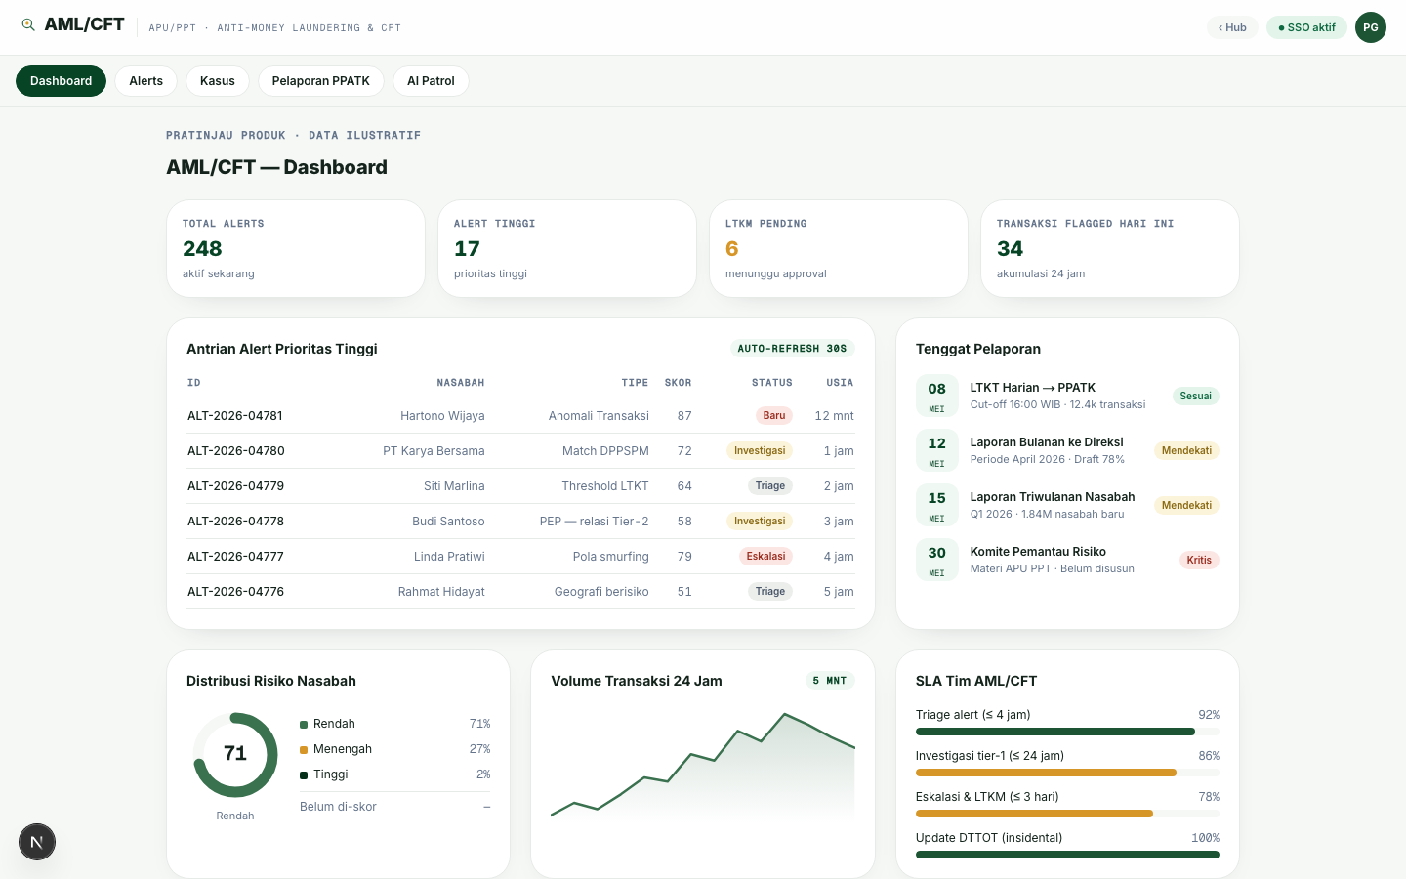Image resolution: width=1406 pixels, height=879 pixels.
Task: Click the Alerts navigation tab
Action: click(x=145, y=81)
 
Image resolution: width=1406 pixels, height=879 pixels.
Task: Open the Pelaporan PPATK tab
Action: click(x=320, y=81)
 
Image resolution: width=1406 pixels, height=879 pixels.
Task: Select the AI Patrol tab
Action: click(x=431, y=81)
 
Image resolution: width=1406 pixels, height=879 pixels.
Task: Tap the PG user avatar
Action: click(x=1370, y=27)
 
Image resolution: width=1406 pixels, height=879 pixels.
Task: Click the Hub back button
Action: click(x=1232, y=27)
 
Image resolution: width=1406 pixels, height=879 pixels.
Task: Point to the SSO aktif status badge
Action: click(x=1306, y=27)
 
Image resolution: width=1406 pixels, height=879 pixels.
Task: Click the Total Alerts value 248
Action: click(x=202, y=249)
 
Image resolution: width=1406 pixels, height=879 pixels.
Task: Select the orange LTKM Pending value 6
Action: click(x=732, y=249)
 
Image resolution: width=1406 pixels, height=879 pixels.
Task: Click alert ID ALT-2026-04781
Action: click(x=234, y=416)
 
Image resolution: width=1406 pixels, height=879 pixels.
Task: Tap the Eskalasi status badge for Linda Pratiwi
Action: click(x=765, y=557)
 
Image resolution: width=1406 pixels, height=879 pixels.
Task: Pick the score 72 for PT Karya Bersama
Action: click(x=684, y=451)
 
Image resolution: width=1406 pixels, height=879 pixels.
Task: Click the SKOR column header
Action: click(x=678, y=383)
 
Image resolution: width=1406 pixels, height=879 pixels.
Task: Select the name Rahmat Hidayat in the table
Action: click(x=441, y=592)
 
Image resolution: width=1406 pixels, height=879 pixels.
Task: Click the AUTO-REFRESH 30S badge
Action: click(x=792, y=349)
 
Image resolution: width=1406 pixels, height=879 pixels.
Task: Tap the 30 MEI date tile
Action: click(x=936, y=560)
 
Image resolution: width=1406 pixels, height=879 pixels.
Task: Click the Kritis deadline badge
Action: click(x=1199, y=560)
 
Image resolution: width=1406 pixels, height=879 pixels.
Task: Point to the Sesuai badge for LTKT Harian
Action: click(x=1195, y=397)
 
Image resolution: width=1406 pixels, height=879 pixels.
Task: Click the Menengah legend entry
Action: click(x=336, y=749)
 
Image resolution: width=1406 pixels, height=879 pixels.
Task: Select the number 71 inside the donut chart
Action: click(x=235, y=753)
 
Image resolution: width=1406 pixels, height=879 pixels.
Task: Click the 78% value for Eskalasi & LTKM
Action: click(x=1209, y=797)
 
